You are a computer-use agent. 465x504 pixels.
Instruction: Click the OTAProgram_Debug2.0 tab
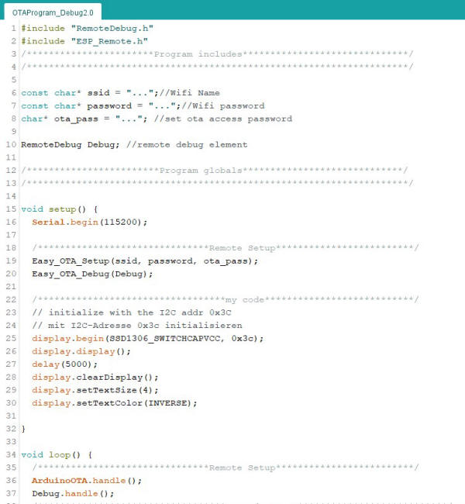coord(53,12)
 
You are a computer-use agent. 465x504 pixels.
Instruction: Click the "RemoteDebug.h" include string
coord(112,28)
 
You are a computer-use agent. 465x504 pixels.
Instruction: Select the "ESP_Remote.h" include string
coord(109,41)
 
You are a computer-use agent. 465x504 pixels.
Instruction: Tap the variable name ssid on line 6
coord(98,93)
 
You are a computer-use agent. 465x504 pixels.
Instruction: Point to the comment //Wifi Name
coord(190,93)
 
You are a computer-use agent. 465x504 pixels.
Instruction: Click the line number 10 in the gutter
coord(11,145)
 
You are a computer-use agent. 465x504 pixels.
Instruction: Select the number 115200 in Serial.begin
coord(120,222)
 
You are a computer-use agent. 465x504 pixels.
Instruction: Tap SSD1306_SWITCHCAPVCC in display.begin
coord(165,339)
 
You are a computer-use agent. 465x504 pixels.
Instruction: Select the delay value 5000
coord(77,364)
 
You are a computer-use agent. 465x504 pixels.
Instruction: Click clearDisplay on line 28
coord(109,378)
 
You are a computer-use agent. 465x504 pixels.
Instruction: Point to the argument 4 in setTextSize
coord(145,390)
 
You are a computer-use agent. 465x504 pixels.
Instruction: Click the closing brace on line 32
coord(23,429)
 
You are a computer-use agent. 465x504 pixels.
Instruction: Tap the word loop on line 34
coord(60,455)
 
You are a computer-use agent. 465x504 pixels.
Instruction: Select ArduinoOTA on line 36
coord(60,481)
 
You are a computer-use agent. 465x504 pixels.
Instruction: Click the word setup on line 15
coord(62,209)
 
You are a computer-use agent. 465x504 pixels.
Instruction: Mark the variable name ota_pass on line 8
coord(76,119)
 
